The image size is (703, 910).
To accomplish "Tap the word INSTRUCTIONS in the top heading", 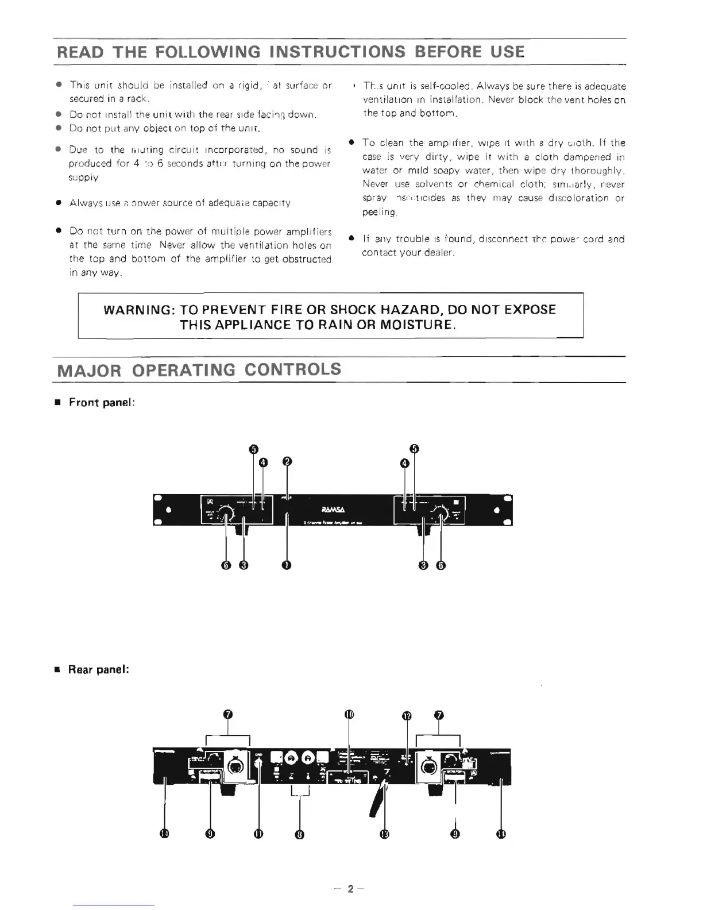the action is [x=337, y=52].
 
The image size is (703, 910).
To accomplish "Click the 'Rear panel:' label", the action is [x=98, y=669].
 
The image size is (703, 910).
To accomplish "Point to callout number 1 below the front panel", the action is [x=286, y=565].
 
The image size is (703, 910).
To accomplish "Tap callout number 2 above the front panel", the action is [x=287, y=461].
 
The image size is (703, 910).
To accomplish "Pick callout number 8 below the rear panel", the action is [x=299, y=834].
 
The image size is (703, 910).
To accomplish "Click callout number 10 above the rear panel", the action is [x=349, y=715].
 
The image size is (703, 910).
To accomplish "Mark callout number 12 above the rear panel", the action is [x=407, y=716].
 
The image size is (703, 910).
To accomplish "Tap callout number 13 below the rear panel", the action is [x=385, y=834].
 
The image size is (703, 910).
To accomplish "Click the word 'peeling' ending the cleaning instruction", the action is [x=378, y=212].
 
